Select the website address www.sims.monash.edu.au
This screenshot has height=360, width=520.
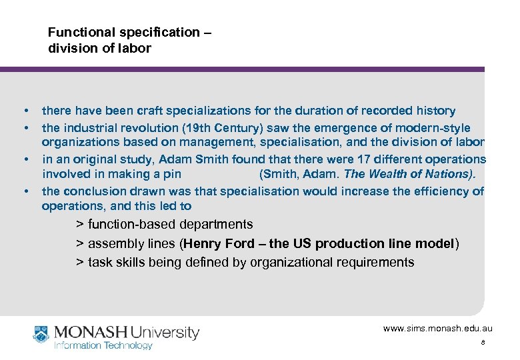[x=437, y=329]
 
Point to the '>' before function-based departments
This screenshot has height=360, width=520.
[x=80, y=225]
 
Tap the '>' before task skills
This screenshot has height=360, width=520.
[x=80, y=262]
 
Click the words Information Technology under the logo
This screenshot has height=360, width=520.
[x=103, y=345]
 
